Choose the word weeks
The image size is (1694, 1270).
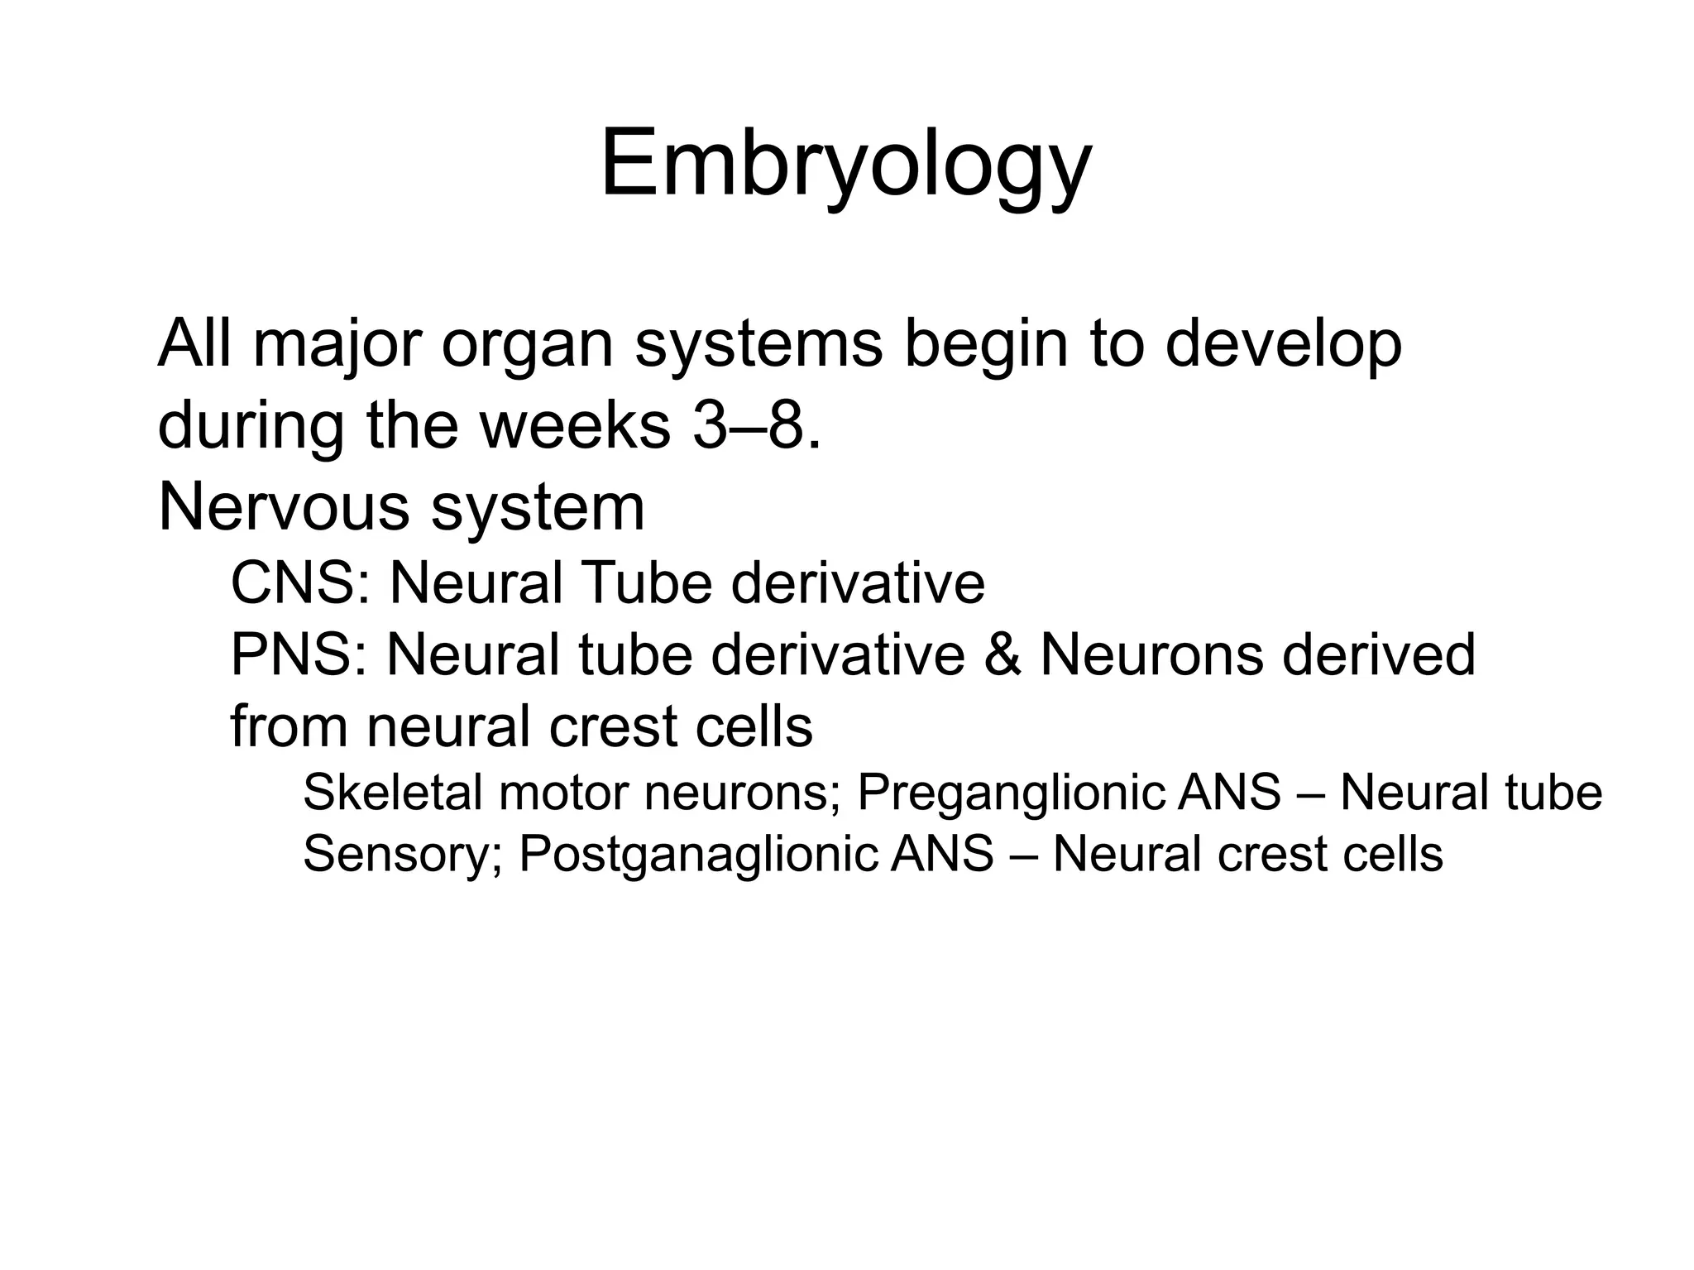click(575, 425)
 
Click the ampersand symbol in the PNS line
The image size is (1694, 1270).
click(1003, 654)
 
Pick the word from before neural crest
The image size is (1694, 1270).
click(289, 726)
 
